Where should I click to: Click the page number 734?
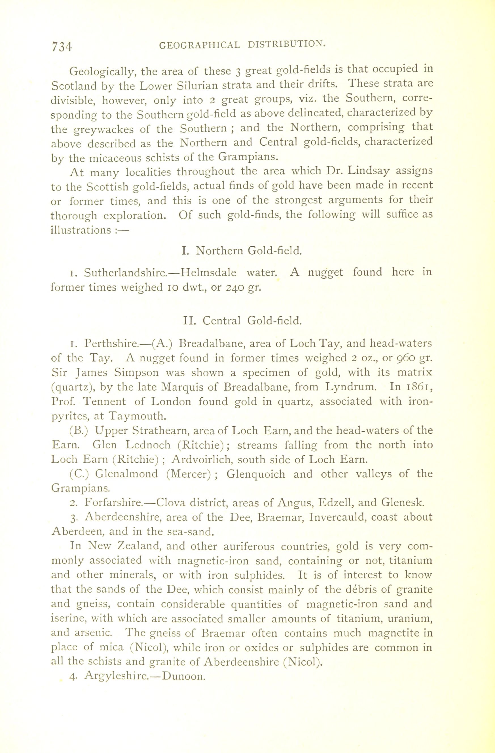62,47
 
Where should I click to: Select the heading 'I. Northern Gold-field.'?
242,251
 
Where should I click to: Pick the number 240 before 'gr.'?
235,288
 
